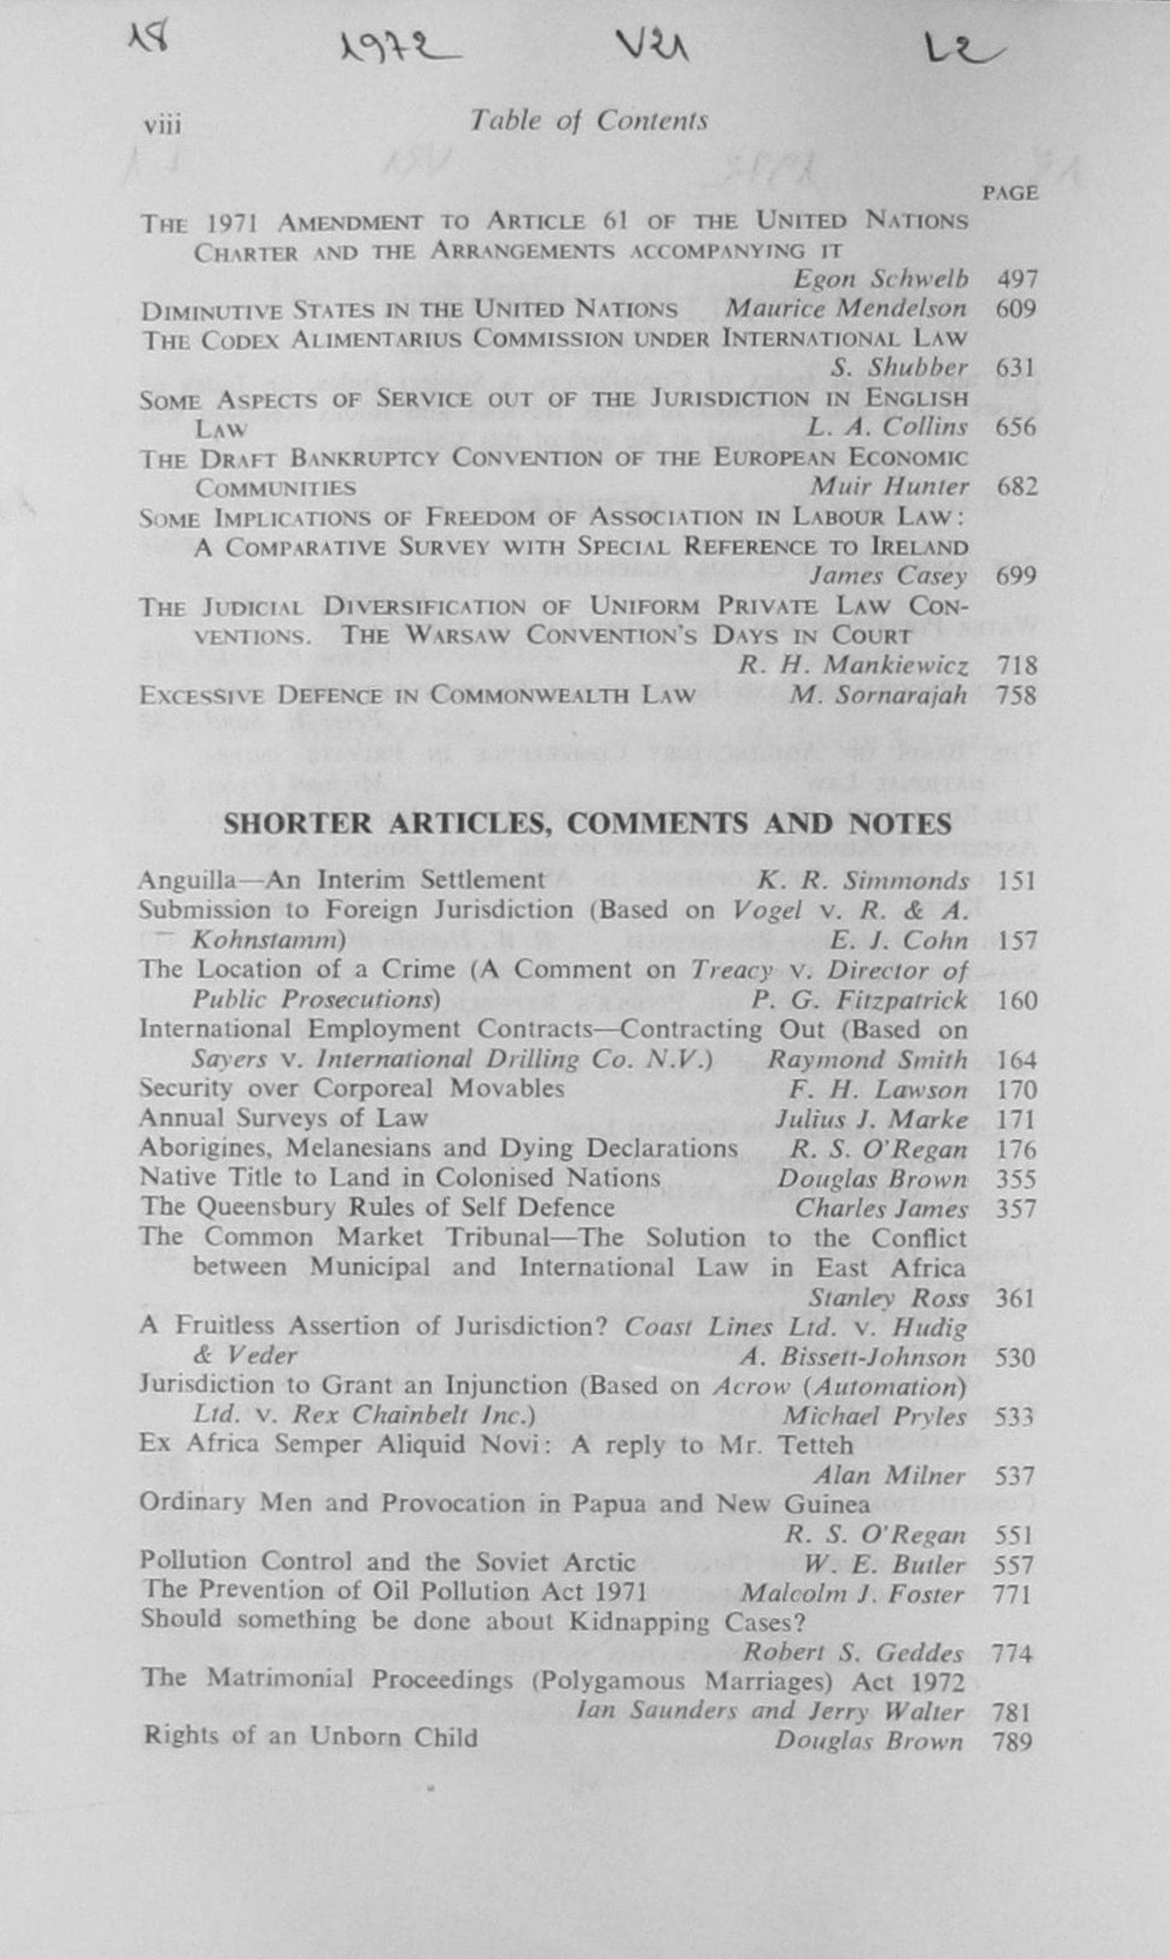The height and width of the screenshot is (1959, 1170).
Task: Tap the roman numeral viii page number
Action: coord(163,125)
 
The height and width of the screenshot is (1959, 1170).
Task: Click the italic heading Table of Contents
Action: coord(588,121)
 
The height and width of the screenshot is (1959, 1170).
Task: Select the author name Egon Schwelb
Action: coord(880,279)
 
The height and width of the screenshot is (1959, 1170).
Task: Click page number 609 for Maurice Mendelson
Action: coord(1016,308)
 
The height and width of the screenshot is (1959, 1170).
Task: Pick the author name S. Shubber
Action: coord(899,368)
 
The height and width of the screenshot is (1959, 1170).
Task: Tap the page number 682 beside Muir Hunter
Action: coord(1016,487)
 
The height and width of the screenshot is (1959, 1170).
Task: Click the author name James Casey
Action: coord(889,576)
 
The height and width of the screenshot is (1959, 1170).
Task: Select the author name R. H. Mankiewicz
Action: coord(852,666)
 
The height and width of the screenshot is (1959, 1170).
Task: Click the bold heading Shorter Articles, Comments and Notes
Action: coord(588,824)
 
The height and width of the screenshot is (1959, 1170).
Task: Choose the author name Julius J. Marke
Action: coord(871,1120)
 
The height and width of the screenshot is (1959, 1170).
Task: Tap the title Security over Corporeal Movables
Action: coord(352,1089)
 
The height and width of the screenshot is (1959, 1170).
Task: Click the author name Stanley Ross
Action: coord(887,1298)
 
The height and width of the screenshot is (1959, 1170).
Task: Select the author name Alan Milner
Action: coord(889,1475)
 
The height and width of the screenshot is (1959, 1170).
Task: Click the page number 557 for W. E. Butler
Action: coord(1014,1565)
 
